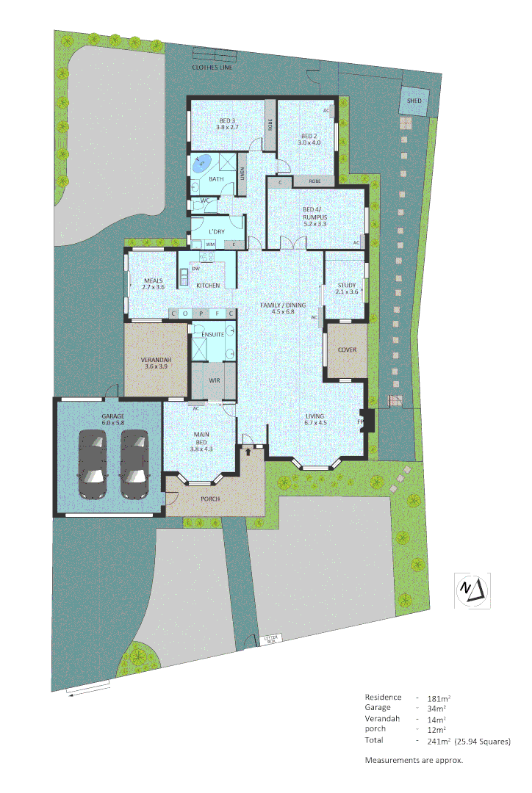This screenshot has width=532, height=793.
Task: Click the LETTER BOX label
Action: pyautogui.click(x=272, y=640)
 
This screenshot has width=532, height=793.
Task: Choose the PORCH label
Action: pyautogui.click(x=210, y=499)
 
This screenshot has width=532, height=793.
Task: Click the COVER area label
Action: pyautogui.click(x=347, y=350)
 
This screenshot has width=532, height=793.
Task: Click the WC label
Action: pyautogui.click(x=206, y=200)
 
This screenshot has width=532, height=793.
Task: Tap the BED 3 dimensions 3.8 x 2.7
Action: pyautogui.click(x=227, y=128)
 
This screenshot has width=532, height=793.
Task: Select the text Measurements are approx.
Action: pyautogui.click(x=414, y=760)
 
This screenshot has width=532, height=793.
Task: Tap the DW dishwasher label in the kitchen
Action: pyautogui.click(x=195, y=269)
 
